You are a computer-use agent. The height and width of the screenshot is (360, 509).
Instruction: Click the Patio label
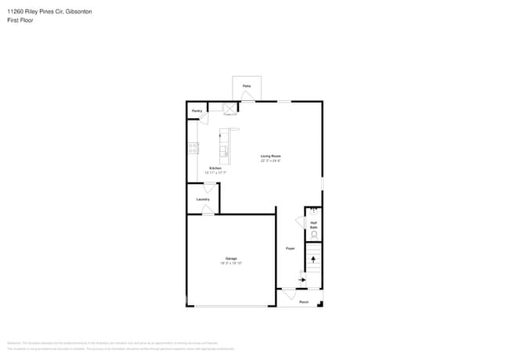tap(246, 85)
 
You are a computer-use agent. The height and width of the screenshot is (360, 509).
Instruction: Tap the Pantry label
tap(197, 111)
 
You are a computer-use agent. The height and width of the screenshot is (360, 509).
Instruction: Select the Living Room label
tap(271, 157)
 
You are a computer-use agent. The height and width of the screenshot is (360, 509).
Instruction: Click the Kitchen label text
tap(215, 168)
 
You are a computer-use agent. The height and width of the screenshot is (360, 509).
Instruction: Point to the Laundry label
tap(203, 199)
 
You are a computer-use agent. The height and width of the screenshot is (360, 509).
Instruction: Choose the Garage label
tap(231, 258)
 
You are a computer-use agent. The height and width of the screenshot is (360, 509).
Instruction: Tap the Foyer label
tap(290, 248)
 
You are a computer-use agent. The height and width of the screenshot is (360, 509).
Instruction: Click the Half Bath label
tap(313, 224)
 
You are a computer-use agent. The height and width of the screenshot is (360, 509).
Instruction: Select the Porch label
tap(304, 302)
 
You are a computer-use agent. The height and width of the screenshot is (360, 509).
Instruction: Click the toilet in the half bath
tap(314, 234)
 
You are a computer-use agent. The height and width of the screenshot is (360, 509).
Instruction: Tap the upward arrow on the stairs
tap(313, 257)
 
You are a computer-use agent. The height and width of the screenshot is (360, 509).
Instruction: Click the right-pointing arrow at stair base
tap(302, 279)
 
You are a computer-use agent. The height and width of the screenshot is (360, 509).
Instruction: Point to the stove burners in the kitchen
tap(193, 148)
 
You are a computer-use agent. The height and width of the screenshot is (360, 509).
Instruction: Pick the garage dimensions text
tap(231, 263)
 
